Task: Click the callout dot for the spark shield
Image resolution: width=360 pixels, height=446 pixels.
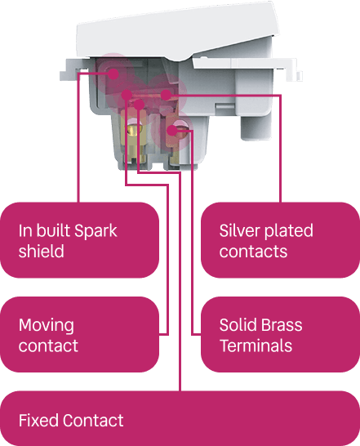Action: (x=113, y=74)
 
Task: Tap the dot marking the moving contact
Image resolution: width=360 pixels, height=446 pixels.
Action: (x=127, y=95)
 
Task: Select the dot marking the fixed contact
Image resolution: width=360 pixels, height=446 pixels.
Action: (x=139, y=105)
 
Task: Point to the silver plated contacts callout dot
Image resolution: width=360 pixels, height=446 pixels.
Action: (x=166, y=95)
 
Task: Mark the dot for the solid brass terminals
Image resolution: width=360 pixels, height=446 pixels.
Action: (x=171, y=131)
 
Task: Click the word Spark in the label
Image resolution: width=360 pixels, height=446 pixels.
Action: (x=96, y=230)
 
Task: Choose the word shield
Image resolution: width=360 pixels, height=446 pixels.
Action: (x=42, y=251)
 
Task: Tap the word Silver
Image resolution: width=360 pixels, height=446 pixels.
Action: (x=239, y=230)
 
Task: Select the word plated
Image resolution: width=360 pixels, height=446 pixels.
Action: (x=288, y=231)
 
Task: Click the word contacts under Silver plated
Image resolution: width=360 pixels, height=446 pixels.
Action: (x=253, y=252)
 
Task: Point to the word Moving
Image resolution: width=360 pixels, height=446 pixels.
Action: (x=47, y=326)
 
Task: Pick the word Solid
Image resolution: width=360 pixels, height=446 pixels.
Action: (x=237, y=325)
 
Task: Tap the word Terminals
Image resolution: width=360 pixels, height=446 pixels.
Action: (x=256, y=346)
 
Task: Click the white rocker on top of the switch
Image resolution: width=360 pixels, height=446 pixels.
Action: (x=176, y=31)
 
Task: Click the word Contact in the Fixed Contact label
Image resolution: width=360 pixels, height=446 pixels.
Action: (x=93, y=421)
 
